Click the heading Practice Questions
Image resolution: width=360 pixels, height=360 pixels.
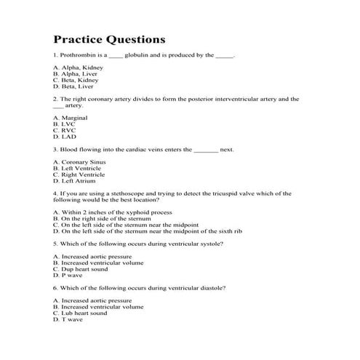(110, 38)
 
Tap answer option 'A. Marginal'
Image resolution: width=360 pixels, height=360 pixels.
(71, 116)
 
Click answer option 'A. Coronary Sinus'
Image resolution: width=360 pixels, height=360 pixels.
(79, 161)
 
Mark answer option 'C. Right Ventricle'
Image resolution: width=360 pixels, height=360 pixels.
(79, 175)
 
